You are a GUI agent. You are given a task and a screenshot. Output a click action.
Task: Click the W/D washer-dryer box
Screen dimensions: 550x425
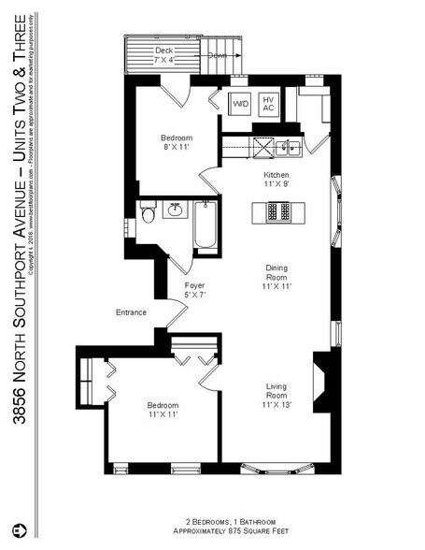[240, 104]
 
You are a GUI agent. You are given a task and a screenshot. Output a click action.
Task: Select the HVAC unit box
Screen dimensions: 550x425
[268, 104]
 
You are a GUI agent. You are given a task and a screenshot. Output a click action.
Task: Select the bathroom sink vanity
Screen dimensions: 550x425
[175, 209]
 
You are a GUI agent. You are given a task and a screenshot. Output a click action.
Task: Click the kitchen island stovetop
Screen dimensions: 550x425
[276, 212]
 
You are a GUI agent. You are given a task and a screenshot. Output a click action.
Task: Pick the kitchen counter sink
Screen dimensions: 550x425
[287, 146]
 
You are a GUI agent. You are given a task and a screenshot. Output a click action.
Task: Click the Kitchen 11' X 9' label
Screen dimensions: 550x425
[276, 180]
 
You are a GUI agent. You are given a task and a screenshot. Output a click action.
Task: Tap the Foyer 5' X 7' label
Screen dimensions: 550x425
[194, 290]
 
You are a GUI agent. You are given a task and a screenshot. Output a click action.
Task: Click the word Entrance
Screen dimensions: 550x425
[131, 311]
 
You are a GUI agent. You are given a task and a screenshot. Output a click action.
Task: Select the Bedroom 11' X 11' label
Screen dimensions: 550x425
[163, 411]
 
